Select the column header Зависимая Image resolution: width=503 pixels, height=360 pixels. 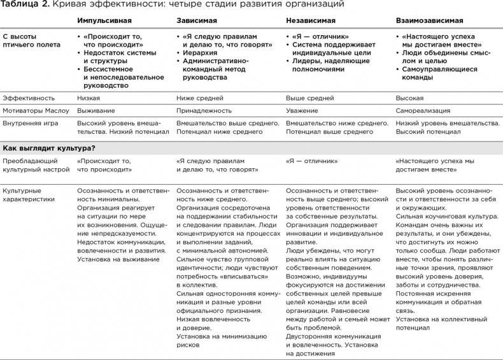click(x=197, y=21)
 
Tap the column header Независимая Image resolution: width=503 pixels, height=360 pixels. click(x=311, y=21)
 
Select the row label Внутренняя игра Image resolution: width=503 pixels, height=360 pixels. click(x=31, y=123)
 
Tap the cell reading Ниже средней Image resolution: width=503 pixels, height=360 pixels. click(x=199, y=99)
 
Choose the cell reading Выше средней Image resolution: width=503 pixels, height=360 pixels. click(x=310, y=99)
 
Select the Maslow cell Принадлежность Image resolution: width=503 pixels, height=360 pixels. click(x=204, y=111)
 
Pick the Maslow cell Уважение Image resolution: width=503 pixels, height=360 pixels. click(x=304, y=111)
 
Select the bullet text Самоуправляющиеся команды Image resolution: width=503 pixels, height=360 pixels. click(x=439, y=73)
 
